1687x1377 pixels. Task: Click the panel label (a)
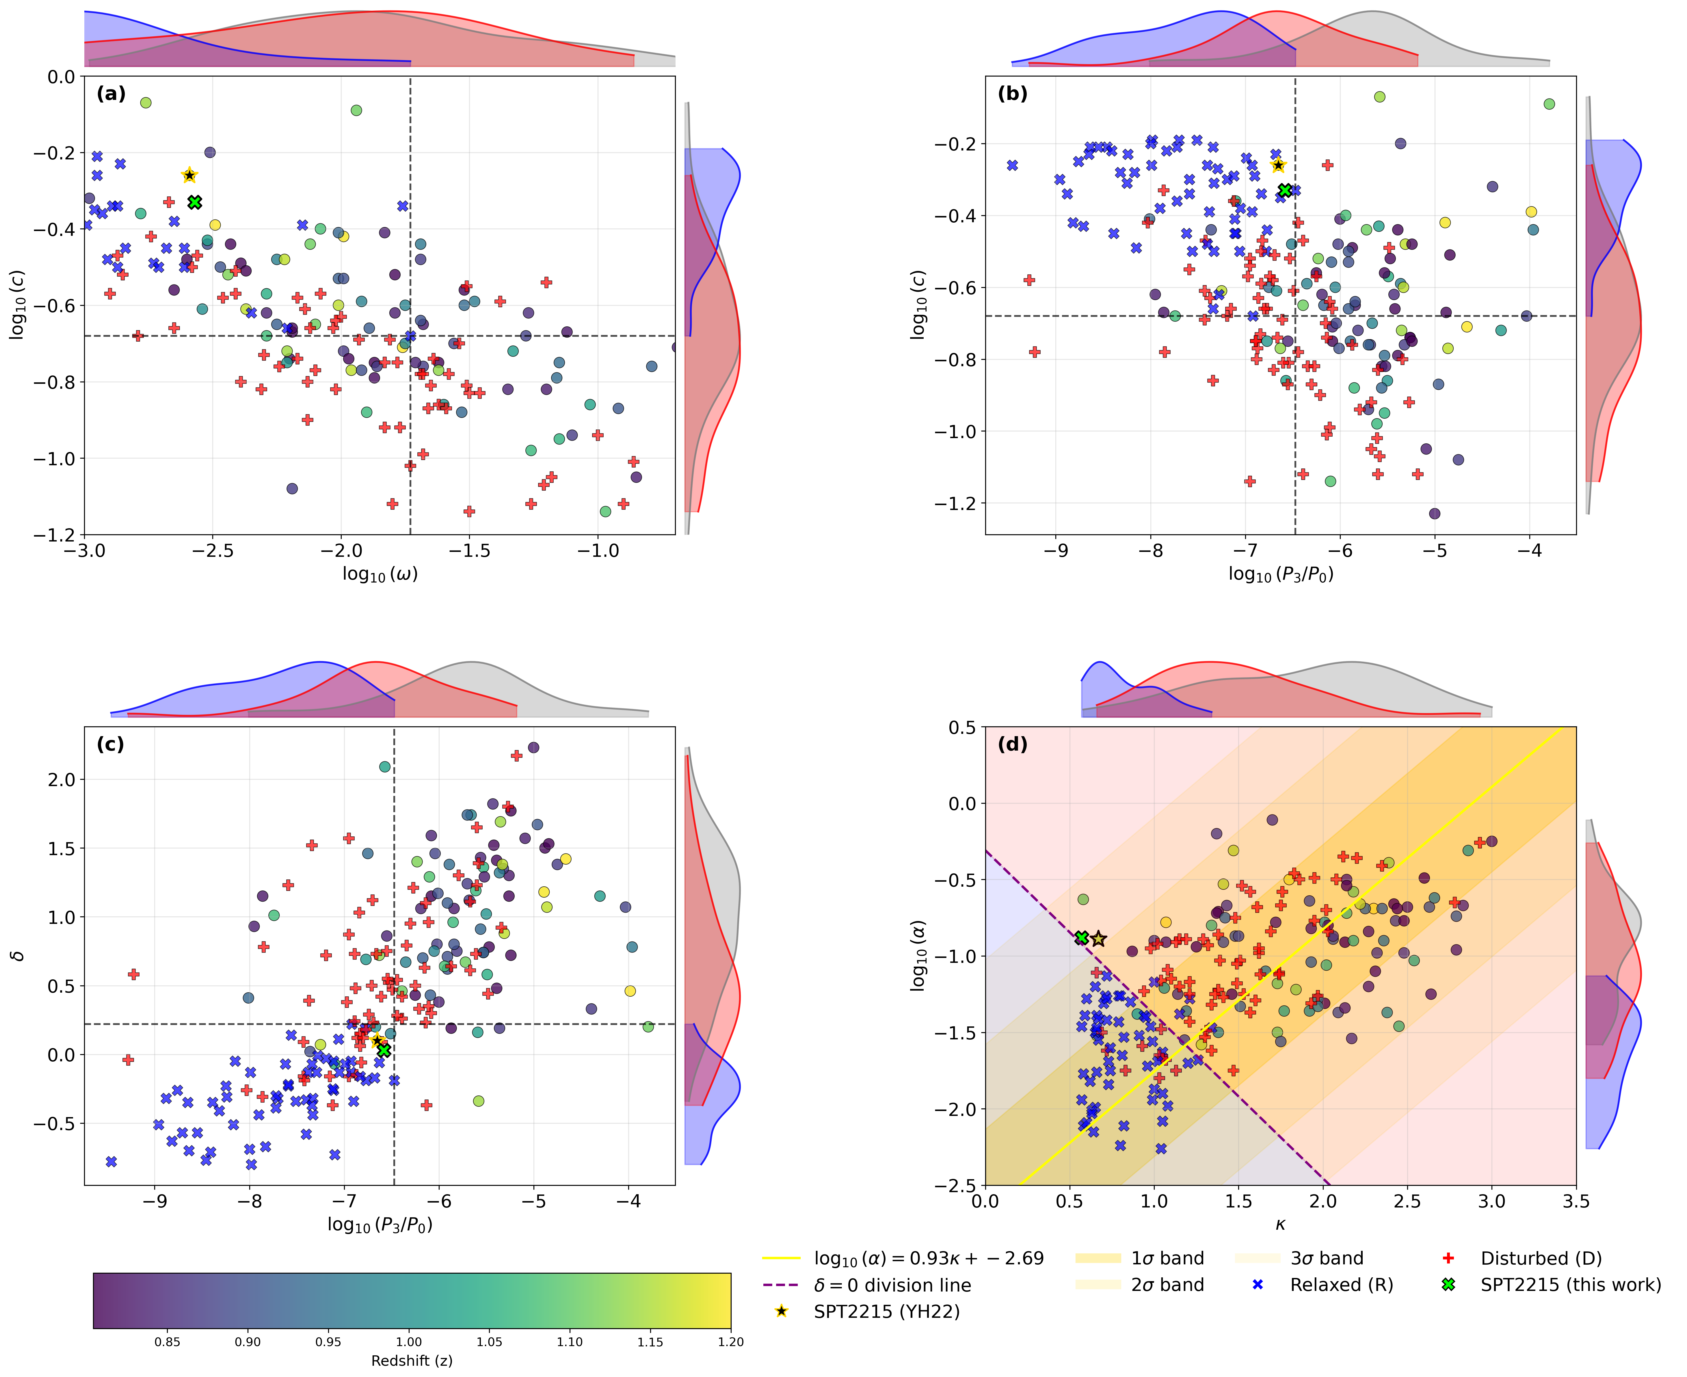pyautogui.click(x=111, y=94)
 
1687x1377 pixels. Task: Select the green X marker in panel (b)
pyautogui.click(x=1285, y=190)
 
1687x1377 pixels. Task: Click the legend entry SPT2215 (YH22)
pyautogui.click(x=886, y=1312)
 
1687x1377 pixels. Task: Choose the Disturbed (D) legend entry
pyautogui.click(x=1540, y=1259)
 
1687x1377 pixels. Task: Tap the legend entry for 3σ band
pyautogui.click(x=1326, y=1259)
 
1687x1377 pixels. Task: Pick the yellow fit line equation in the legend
pyautogui.click(x=928, y=1259)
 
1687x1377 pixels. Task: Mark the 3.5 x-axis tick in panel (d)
pyautogui.click(x=1575, y=1202)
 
